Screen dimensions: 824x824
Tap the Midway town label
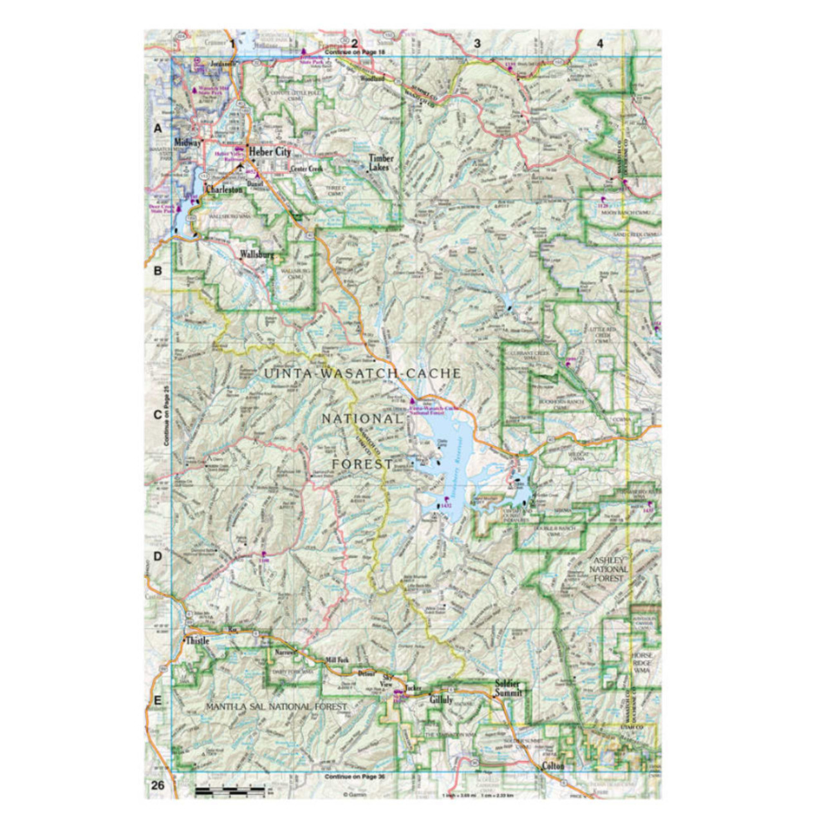[187, 142]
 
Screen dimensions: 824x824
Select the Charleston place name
[224, 191]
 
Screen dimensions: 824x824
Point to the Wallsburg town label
[256, 254]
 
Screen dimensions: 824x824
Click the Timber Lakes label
[380, 162]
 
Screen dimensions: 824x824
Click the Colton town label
[553, 766]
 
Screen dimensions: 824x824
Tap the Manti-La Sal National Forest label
[277, 707]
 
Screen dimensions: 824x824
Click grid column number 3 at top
[477, 44]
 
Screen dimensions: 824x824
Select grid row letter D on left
[158, 556]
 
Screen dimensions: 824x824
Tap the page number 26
[158, 785]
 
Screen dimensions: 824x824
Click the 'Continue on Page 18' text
[355, 51]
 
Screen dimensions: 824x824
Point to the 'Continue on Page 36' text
[355, 777]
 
